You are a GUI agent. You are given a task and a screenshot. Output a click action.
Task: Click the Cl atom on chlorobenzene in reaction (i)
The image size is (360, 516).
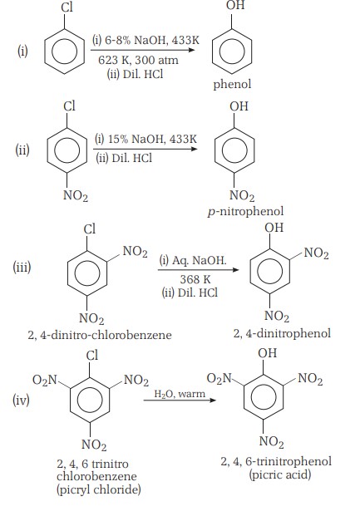pyautogui.click(x=67, y=7)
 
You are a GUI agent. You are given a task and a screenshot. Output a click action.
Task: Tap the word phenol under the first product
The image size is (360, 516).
pyautogui.click(x=232, y=84)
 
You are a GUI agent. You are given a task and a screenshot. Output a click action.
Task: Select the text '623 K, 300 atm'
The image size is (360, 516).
pyautogui.click(x=138, y=60)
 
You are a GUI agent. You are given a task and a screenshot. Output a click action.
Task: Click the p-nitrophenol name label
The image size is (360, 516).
pyautogui.click(x=245, y=211)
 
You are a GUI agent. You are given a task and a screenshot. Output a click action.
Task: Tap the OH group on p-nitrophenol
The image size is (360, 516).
pyautogui.click(x=239, y=106)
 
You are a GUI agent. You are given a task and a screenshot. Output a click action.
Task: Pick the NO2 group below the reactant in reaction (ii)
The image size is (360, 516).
pyautogui.click(x=76, y=195)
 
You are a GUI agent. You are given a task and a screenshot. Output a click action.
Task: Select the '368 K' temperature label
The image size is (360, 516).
pyautogui.click(x=195, y=279)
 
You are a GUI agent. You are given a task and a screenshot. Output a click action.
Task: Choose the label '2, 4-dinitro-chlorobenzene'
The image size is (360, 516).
pyautogui.click(x=100, y=335)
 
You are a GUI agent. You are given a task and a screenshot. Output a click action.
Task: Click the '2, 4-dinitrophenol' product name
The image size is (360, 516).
pyautogui.click(x=282, y=333)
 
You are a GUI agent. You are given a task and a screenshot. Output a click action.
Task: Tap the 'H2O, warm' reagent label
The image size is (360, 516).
pyautogui.click(x=180, y=394)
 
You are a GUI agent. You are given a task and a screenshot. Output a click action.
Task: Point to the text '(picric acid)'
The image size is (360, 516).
pyautogui.click(x=280, y=474)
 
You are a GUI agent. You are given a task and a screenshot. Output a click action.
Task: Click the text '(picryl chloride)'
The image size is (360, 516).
pyautogui.click(x=99, y=489)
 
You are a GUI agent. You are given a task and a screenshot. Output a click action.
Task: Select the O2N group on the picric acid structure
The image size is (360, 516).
pyautogui.click(x=219, y=378)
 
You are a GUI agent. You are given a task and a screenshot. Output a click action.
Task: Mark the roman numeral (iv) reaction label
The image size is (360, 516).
pyautogui.click(x=21, y=401)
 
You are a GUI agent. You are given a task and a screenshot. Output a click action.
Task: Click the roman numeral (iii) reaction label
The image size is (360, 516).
pyautogui.click(x=22, y=267)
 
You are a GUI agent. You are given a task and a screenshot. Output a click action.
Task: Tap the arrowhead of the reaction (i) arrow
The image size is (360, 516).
pyautogui.click(x=192, y=51)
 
